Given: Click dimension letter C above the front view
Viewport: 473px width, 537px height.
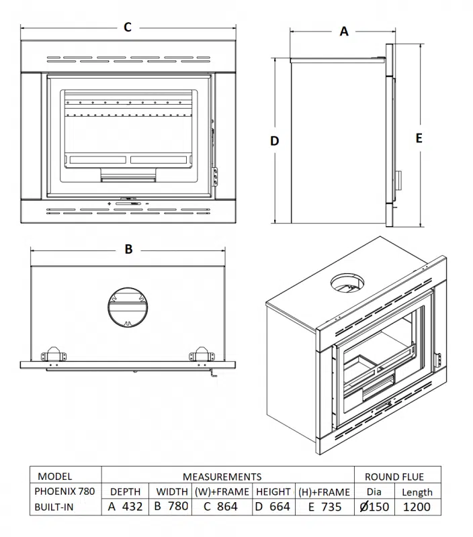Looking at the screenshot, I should click(128, 28).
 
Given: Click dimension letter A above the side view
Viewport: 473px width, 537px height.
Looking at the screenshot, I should click(344, 32).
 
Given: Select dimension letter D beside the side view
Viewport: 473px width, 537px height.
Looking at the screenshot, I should click(274, 141).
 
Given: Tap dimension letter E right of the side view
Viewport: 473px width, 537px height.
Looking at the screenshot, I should click(419, 138).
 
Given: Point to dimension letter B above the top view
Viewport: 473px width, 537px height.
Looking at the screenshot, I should click(128, 249).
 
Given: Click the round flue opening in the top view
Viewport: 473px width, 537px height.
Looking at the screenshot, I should click(126, 307).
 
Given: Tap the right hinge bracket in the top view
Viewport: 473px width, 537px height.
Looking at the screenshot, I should click(201, 354).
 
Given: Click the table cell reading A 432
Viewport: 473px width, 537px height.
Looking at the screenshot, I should click(125, 507).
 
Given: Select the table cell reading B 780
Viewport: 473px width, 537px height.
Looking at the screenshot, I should click(171, 507).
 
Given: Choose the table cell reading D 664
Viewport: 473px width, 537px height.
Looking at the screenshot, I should click(273, 507).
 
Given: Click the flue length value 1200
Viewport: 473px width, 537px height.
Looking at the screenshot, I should click(417, 507).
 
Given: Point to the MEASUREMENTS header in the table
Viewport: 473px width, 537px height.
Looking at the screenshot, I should click(222, 477).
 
